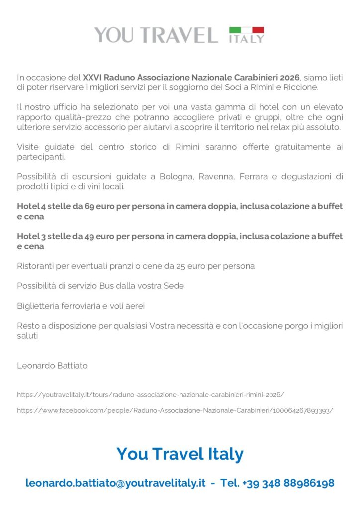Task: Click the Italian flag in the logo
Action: (x=246, y=30)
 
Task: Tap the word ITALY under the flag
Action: (x=246, y=39)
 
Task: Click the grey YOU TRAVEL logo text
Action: (x=156, y=35)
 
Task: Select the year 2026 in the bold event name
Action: (x=290, y=78)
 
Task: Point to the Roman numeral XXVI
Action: (x=92, y=78)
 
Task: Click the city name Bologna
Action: (x=178, y=176)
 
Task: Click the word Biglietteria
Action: (x=40, y=306)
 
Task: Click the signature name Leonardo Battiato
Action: (x=52, y=366)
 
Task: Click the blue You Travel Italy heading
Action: (x=180, y=454)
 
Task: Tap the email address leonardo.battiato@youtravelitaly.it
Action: (x=115, y=483)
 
